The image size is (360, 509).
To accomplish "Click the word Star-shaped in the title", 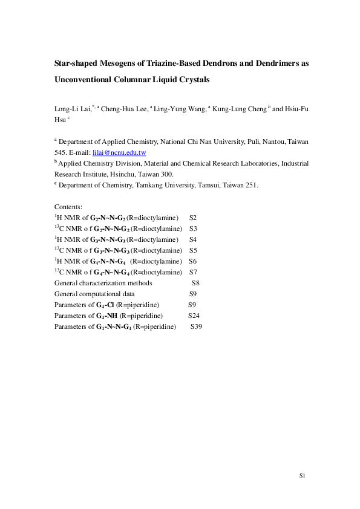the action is pyautogui.click(x=77, y=61).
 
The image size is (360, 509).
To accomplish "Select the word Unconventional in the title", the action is pyautogui.click(x=87, y=79).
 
